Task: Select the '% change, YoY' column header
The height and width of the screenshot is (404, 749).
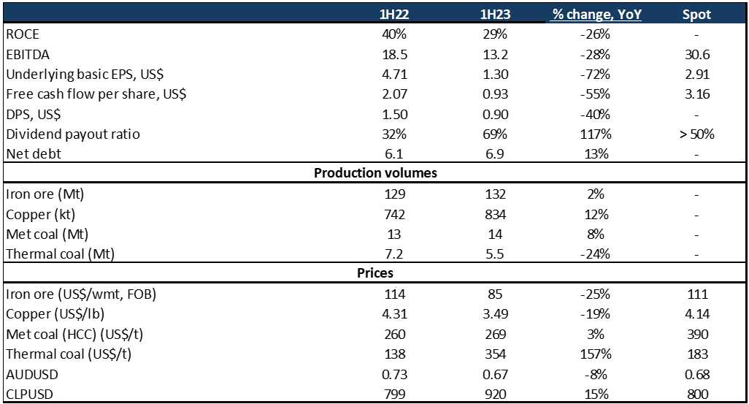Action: (x=596, y=14)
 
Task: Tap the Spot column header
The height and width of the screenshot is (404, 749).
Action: (x=696, y=14)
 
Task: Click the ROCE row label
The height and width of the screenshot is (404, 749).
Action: (x=23, y=34)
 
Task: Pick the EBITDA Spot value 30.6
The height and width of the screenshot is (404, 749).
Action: (x=696, y=54)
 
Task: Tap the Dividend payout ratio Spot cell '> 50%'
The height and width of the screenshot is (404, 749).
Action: (x=696, y=134)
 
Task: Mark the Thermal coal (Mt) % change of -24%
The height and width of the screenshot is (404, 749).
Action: (x=596, y=254)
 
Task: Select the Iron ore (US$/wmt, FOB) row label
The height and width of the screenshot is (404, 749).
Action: (x=81, y=294)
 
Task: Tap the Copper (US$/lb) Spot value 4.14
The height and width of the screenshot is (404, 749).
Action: (x=696, y=314)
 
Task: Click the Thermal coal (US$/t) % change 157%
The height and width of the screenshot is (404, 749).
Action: (x=596, y=354)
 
